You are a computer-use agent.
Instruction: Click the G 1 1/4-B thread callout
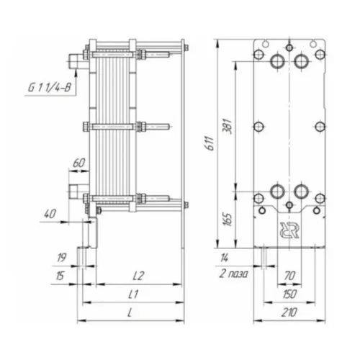click(x=50, y=88)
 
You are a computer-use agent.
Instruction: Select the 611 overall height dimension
click(x=210, y=143)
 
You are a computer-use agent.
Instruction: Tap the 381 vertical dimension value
click(x=228, y=126)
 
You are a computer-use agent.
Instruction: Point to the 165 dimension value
click(x=228, y=219)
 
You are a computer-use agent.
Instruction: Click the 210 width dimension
click(x=289, y=312)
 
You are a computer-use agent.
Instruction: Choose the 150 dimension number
click(x=289, y=294)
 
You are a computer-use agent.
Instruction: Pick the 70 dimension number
click(x=289, y=276)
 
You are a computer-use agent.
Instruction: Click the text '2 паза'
click(x=233, y=274)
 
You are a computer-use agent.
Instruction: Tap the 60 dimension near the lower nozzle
click(x=78, y=163)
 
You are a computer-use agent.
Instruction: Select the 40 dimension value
click(x=50, y=214)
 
